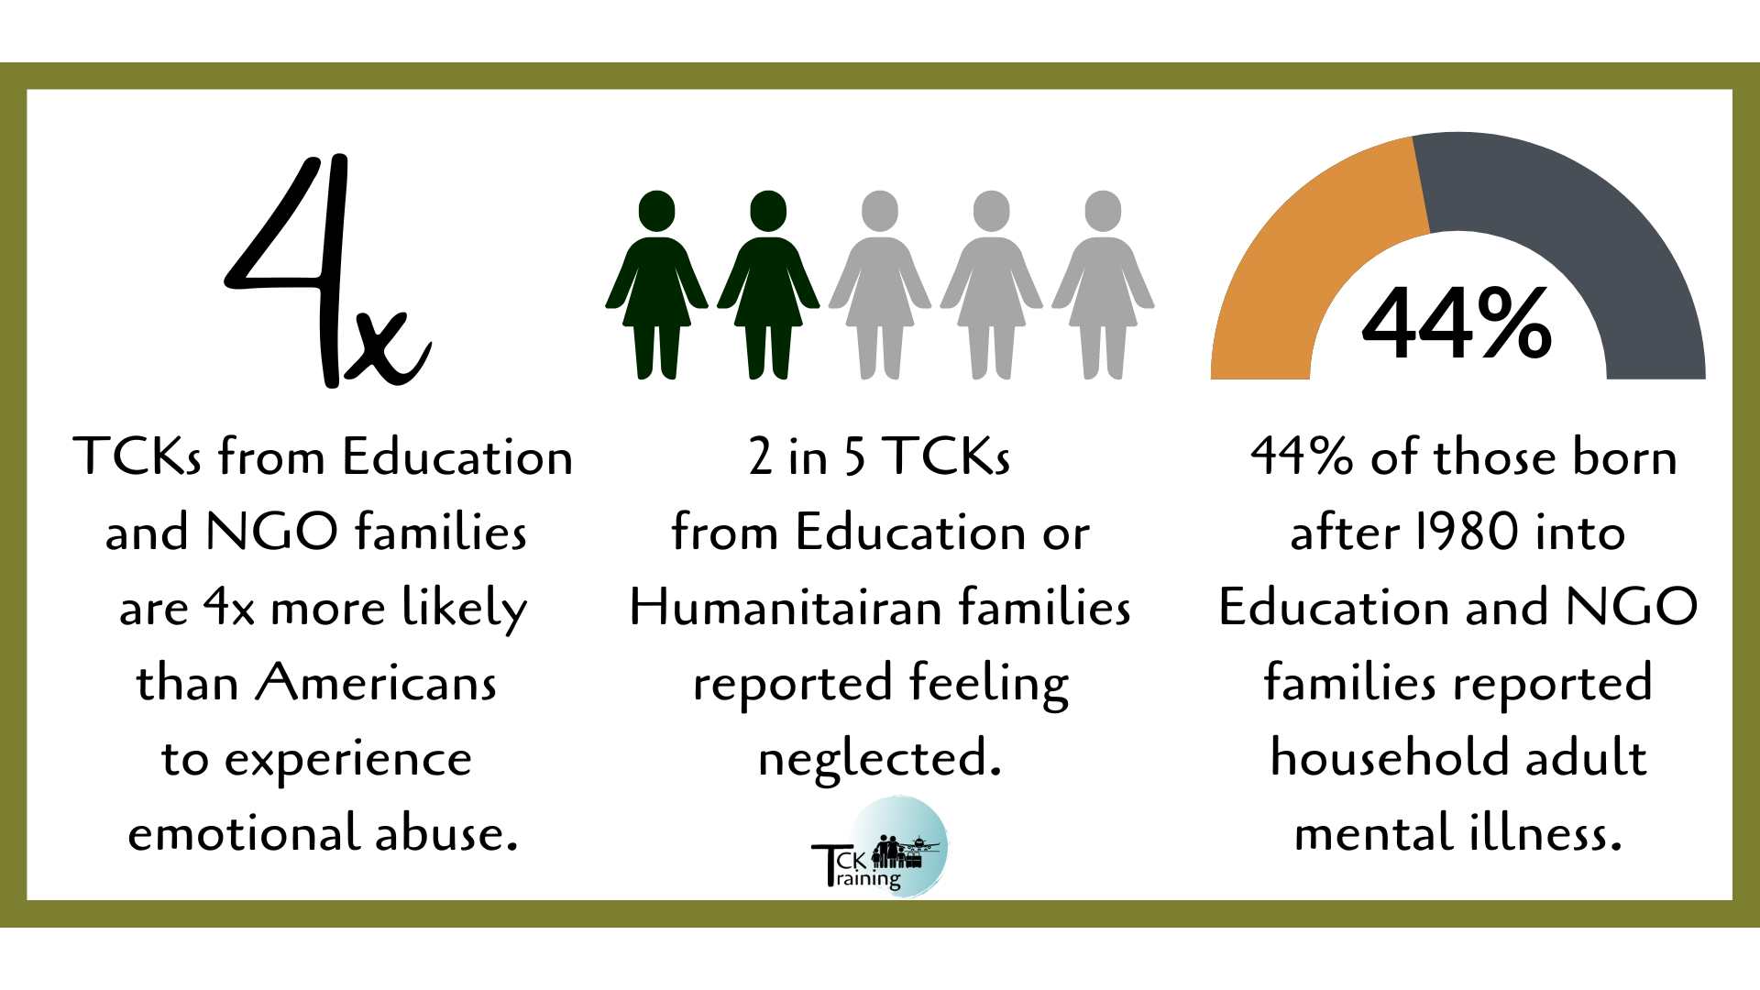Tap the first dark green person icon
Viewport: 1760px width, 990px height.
pos(656,284)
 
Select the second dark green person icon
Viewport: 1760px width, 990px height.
pos(768,284)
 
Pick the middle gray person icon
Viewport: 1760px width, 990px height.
pos(992,284)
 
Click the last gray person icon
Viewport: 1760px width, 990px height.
pos(1103,284)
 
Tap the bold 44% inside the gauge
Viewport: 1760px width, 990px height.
pos(1457,323)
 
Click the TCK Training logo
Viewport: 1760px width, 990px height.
pos(880,847)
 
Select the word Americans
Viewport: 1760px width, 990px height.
pos(376,683)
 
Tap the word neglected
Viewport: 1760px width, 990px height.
pos(880,759)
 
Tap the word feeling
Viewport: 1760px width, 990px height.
pos(989,684)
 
